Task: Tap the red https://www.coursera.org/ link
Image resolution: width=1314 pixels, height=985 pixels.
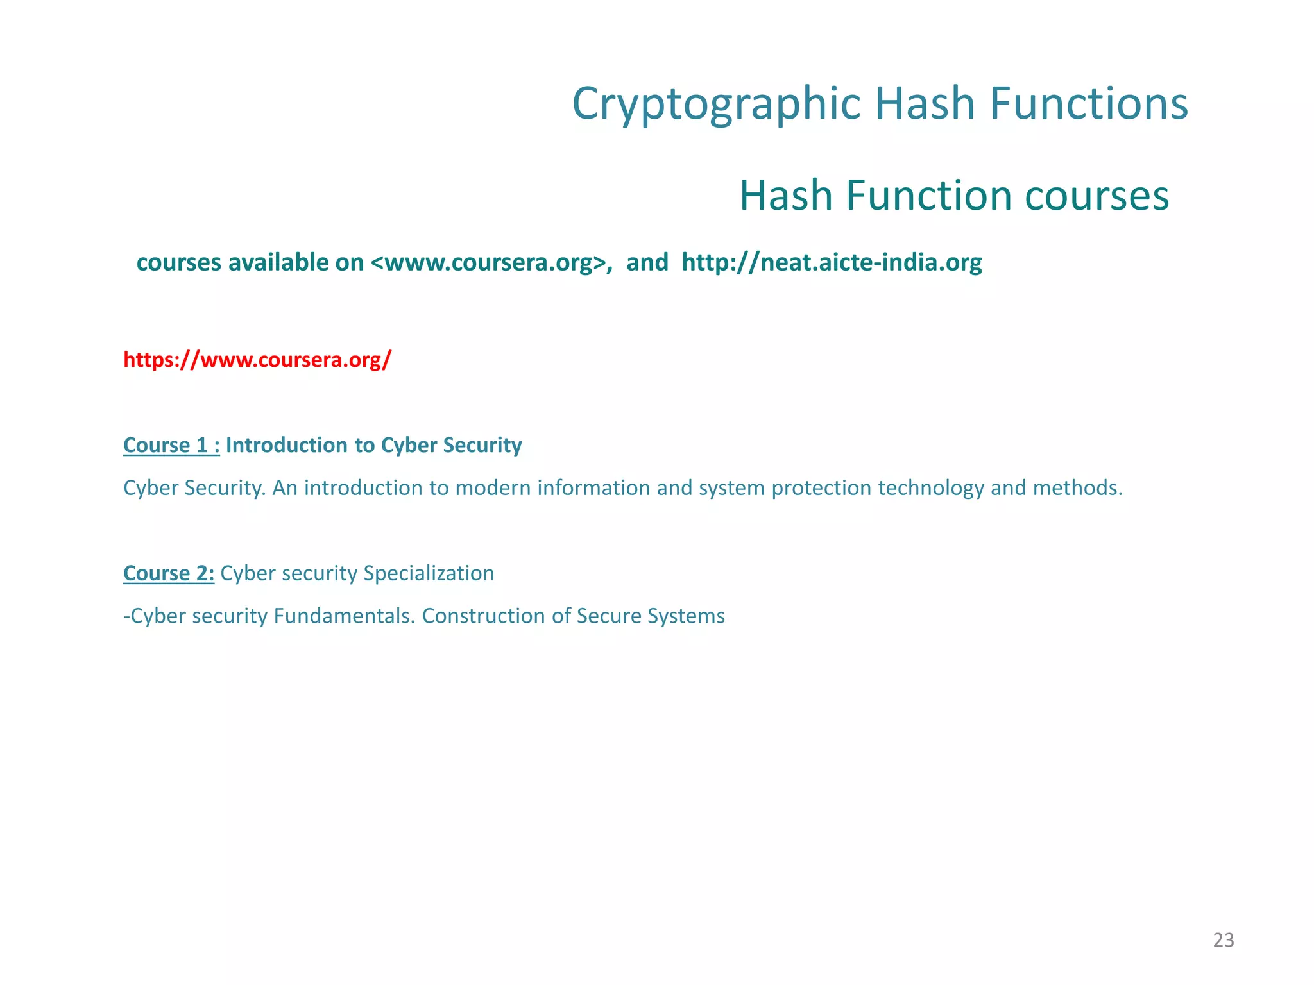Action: tap(257, 360)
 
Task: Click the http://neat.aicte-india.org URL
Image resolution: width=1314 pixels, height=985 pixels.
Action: tap(832, 262)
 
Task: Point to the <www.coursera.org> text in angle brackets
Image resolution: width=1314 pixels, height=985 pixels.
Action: tap(488, 262)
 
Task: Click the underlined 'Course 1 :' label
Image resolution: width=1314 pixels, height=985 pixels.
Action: tap(171, 445)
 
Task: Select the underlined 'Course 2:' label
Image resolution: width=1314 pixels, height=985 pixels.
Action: tap(168, 573)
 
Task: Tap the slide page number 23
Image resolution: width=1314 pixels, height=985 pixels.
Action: tap(1224, 940)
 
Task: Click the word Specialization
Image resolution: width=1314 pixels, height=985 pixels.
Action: tap(429, 573)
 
